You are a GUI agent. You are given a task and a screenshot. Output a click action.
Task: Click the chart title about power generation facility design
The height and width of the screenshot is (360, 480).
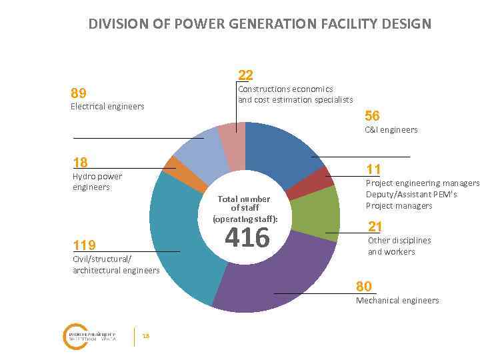260,24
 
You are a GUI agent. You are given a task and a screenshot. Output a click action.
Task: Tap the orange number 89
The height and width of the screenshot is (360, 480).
79,93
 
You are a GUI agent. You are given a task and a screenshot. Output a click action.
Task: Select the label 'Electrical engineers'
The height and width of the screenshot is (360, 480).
107,106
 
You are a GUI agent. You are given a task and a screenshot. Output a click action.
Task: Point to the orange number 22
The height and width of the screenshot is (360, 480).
245,75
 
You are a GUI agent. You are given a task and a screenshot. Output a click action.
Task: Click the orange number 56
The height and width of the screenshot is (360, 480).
372,116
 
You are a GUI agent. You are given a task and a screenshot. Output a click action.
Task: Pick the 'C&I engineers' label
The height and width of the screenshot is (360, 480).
391,129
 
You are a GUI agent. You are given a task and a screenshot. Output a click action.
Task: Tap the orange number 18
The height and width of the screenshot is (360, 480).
80,162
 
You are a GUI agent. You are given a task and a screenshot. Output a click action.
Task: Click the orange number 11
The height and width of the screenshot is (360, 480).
373,169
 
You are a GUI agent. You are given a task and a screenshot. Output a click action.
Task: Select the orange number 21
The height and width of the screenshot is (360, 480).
375,226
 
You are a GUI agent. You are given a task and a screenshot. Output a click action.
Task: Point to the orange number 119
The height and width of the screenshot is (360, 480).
84,245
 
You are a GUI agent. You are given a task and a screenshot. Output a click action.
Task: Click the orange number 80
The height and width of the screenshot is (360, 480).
364,286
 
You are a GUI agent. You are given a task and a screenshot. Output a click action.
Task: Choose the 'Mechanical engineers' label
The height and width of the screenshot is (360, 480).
397,300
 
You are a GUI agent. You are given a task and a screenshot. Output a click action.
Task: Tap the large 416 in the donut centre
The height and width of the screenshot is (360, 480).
247,237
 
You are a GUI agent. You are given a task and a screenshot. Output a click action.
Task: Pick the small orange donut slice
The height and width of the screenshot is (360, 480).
171,165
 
